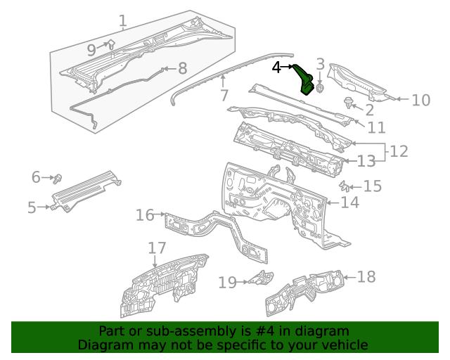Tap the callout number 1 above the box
coord(123,21)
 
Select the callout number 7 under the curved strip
coord(224,95)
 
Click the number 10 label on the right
coord(420,100)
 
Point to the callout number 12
coord(399,151)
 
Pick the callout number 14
coord(350,202)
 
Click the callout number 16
coord(145,214)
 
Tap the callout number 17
coord(157,248)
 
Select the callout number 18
coord(366,276)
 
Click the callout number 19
coord(228,283)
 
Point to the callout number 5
coord(32,207)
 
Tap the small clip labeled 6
coord(59,177)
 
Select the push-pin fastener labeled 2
coord(348,103)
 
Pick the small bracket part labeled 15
coord(345,186)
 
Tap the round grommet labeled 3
coord(321,89)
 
